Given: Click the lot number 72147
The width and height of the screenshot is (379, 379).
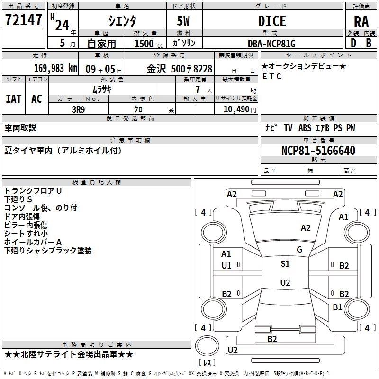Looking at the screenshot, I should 24,20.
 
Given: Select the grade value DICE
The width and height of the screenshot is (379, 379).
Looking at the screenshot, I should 272,20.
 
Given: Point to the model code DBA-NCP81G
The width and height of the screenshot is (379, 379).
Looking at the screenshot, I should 271,44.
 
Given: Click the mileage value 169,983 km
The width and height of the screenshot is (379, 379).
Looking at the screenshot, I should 55,68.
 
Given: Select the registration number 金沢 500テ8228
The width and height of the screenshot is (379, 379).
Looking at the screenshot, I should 179,69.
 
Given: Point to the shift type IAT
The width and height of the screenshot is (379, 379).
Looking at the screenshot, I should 13,99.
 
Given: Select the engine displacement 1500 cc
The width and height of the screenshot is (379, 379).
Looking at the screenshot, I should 144,44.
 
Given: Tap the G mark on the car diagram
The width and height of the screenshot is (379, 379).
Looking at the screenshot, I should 299,250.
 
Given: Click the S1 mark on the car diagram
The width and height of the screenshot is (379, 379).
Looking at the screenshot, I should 285,264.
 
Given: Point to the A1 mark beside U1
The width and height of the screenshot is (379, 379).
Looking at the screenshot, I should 226,254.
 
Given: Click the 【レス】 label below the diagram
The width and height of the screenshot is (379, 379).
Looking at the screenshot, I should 207,363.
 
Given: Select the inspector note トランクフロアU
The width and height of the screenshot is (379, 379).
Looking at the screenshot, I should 33,190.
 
